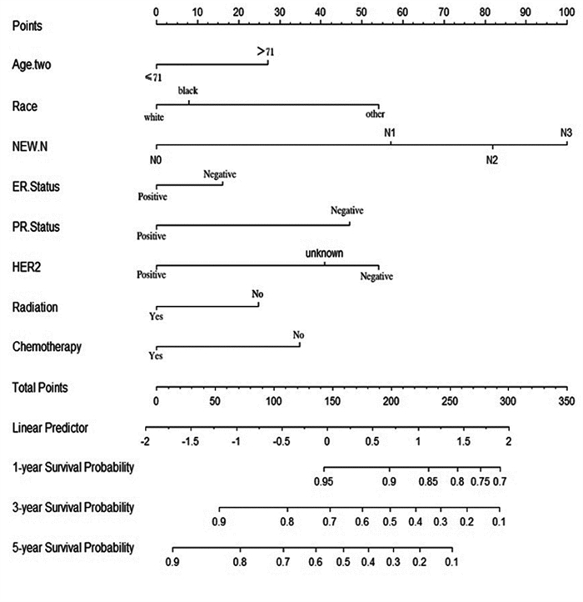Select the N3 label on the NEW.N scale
pyautogui.click(x=566, y=132)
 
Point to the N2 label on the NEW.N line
pyautogui.click(x=492, y=159)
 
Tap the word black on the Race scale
pyautogui.click(x=187, y=91)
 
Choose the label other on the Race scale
pyautogui.click(x=374, y=115)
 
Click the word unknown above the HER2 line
pyautogui.click(x=325, y=252)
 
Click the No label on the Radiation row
pyautogui.click(x=257, y=293)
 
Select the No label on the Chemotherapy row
pyautogui.click(x=299, y=335)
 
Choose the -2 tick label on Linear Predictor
pyautogui.click(x=146, y=440)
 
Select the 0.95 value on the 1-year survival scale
pyautogui.click(x=325, y=481)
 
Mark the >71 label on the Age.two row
pyautogui.click(x=266, y=52)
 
